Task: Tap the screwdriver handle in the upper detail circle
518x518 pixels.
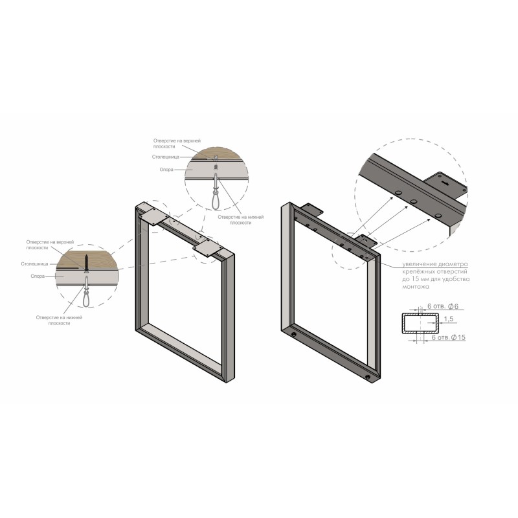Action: (x=216, y=201)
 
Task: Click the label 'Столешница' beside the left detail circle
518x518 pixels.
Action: (x=35, y=264)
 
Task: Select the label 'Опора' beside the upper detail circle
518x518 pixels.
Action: (x=166, y=170)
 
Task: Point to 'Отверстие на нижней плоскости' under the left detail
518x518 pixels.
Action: (x=59, y=321)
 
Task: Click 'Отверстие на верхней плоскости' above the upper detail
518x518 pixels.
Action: (x=177, y=143)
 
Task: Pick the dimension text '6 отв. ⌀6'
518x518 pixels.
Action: (x=443, y=306)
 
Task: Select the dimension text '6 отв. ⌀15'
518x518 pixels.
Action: (x=449, y=337)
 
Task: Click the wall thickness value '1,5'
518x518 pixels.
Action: (x=448, y=319)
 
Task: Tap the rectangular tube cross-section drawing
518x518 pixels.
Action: (x=420, y=322)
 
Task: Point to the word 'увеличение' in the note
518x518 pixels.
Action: (x=417, y=264)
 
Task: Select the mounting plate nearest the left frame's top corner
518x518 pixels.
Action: (x=153, y=216)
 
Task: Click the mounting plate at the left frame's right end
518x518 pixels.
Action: (x=207, y=249)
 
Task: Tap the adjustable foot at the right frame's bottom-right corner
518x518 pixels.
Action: (x=368, y=377)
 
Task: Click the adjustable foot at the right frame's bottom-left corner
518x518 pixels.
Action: (x=293, y=335)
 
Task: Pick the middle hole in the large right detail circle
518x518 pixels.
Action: (x=413, y=201)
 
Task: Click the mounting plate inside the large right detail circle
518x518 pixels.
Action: (x=445, y=185)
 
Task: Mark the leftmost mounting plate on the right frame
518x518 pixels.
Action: (x=311, y=208)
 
